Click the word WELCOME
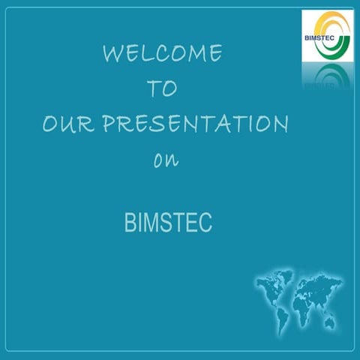pyautogui.click(x=162, y=54)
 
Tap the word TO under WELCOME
pyautogui.click(x=162, y=88)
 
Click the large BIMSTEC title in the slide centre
pyautogui.click(x=168, y=223)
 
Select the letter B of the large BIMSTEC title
pyautogui.click(x=130, y=223)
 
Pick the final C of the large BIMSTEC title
pyautogui.click(x=206, y=223)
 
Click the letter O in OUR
pyautogui.click(x=51, y=124)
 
